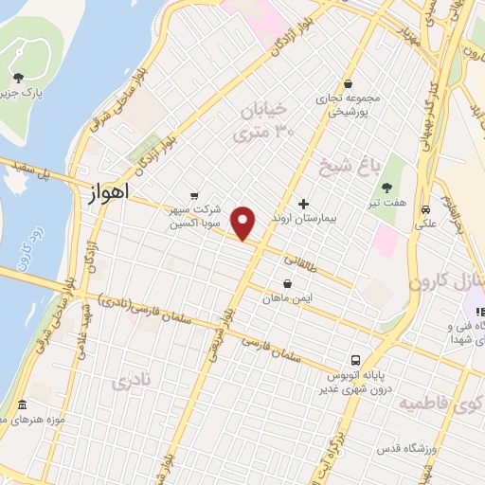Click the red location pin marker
point(243,223)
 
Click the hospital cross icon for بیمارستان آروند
point(304,204)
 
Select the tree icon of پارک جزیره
point(18,78)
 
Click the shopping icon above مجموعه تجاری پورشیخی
point(349,83)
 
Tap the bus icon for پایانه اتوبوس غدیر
point(355,360)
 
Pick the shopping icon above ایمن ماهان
point(287,283)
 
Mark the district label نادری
point(131,383)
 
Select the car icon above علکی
point(427,209)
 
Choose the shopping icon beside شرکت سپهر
point(195,197)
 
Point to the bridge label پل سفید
point(27,171)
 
